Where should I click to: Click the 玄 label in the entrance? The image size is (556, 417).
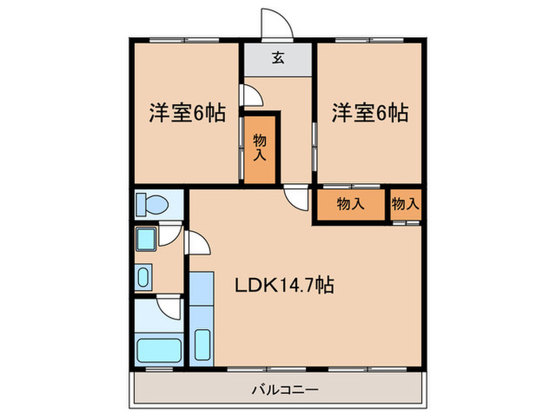pos(278,58)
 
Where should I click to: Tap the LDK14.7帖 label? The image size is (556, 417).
pos(284,284)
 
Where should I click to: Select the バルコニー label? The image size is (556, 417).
pos(284,390)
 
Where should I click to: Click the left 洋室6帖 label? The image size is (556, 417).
pos(187,113)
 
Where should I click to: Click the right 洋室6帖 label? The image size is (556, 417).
pos(370,113)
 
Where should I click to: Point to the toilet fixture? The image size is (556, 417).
pos(153,205)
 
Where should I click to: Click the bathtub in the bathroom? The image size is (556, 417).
pos(159,350)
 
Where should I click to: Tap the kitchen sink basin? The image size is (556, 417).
pos(203,345)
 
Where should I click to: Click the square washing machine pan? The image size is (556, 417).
pos(145,239)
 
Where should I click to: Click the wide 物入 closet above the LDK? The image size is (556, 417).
pos(350,205)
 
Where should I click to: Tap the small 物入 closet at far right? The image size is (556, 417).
pos(406,205)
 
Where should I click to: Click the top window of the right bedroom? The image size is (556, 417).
pos(369,40)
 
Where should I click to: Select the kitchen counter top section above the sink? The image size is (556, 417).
pos(202,288)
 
